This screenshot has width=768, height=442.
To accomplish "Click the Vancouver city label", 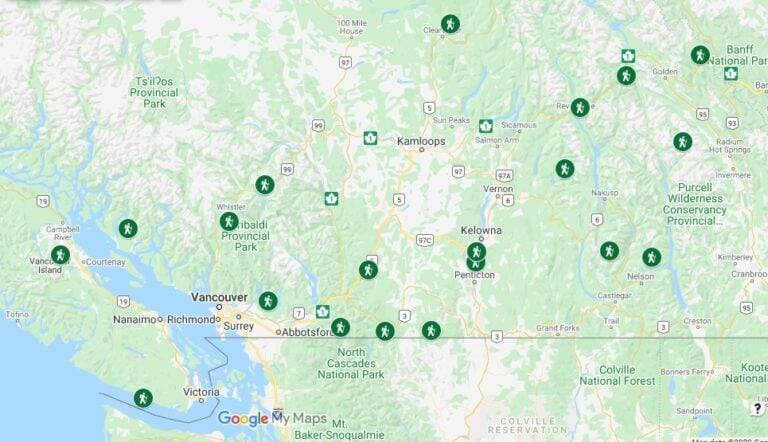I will pyautogui.click(x=219, y=297).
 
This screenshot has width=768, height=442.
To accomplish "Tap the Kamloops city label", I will pyautogui.click(x=421, y=142).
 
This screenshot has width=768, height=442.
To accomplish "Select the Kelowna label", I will pyautogui.click(x=480, y=230).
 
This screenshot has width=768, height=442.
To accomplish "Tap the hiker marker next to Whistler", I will pyautogui.click(x=264, y=184).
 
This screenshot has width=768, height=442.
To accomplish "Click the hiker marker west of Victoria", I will pyautogui.click(x=143, y=397).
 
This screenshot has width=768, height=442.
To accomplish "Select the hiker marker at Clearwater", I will pyautogui.click(x=450, y=23).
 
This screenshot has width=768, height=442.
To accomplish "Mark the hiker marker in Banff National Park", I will pyautogui.click(x=699, y=55).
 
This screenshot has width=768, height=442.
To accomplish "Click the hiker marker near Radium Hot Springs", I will pyautogui.click(x=682, y=142).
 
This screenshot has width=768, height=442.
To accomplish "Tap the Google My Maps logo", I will pyautogui.click(x=272, y=419).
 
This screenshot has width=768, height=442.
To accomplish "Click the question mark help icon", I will pyautogui.click(x=758, y=408).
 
